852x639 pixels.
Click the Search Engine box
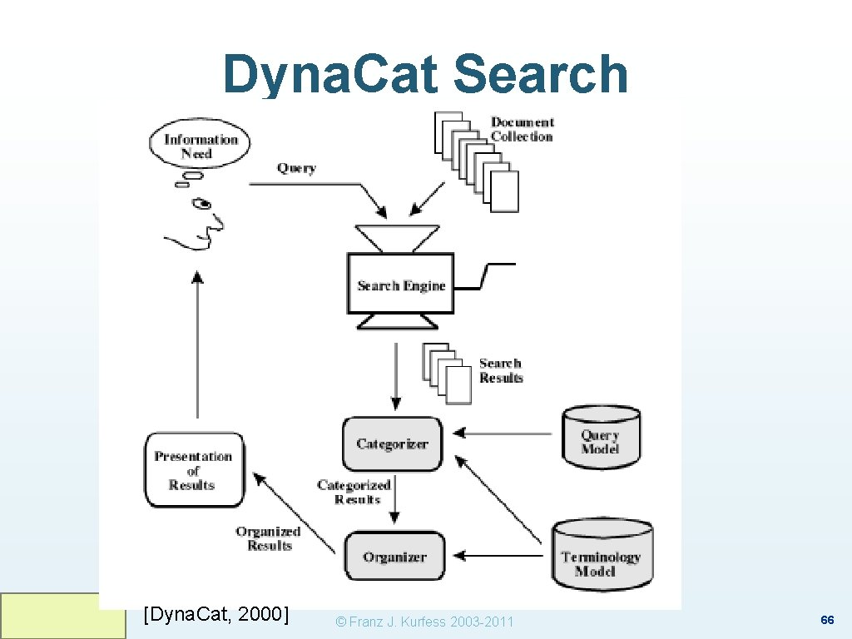pos(401,285)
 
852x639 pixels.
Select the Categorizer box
pos(392,443)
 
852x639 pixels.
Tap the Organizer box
pos(394,557)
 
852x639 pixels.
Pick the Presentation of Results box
pos(194,470)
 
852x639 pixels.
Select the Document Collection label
pos(522,129)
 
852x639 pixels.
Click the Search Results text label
pos(501,370)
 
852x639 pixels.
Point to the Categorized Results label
pos(354,492)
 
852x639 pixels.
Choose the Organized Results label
pos(268,538)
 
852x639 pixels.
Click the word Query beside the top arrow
pos(296,168)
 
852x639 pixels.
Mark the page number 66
pos(827,621)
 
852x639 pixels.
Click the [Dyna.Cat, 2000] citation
pos(216,615)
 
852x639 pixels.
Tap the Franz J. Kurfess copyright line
pos(424,622)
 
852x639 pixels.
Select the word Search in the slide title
pos(541,75)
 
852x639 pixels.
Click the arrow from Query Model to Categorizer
pos(503,433)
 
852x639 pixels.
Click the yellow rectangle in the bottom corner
pos(62,616)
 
